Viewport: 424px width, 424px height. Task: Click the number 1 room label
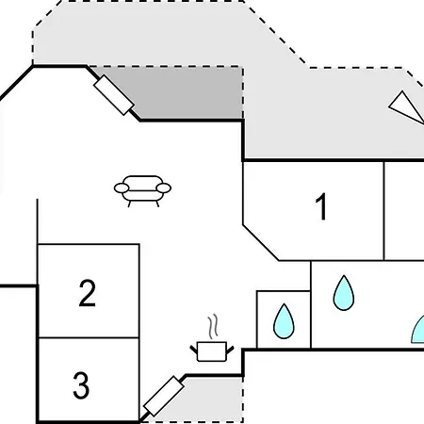[321, 206]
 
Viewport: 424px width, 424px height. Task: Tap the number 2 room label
[88, 293]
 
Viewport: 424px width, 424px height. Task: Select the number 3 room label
[81, 385]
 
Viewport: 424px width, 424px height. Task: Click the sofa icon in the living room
[142, 191]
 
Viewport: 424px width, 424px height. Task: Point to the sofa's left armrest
[122, 188]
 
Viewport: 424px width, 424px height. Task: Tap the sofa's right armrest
[164, 188]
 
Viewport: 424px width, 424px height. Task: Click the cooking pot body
[212, 351]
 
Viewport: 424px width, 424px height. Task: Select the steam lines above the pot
[213, 327]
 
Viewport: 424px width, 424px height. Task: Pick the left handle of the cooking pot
[193, 350]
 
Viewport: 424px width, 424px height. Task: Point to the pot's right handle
[230, 350]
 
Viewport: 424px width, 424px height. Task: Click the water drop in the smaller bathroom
[284, 321]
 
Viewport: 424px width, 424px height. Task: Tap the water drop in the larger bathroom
[344, 293]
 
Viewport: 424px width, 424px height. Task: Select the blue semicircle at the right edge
[418, 332]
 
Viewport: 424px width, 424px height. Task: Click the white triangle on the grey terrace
[405, 106]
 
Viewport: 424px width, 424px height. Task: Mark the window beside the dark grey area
[114, 95]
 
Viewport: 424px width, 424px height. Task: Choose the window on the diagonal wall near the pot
[164, 397]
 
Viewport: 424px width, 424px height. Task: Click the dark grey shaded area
[188, 94]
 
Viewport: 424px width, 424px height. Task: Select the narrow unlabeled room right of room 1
[404, 211]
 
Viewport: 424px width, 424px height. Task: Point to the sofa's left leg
[129, 204]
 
